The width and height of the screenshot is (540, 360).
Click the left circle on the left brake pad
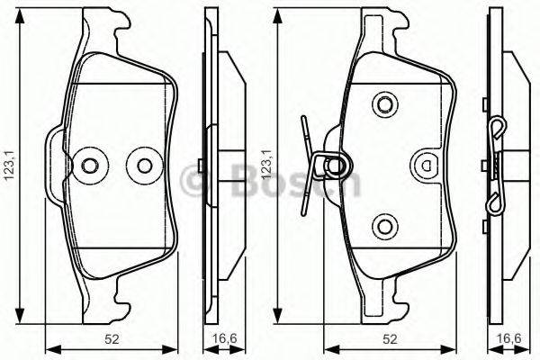(x=90, y=165)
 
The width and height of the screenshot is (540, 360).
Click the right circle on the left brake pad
(x=141, y=165)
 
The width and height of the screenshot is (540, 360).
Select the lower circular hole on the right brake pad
(x=385, y=226)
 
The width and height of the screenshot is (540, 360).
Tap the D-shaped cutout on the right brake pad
(x=426, y=165)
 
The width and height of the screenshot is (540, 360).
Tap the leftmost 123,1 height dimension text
(x=10, y=165)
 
